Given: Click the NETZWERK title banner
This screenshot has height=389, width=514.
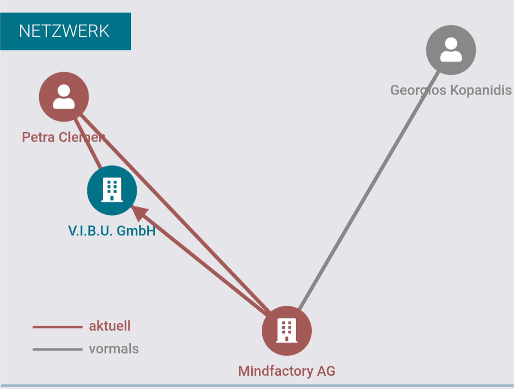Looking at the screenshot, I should tap(65, 31).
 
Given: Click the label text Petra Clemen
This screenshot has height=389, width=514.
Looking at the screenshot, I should tap(63, 137).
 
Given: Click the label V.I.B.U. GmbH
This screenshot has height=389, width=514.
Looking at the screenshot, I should tap(112, 231).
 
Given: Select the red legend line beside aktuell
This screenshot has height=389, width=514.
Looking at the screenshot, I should tap(57, 327).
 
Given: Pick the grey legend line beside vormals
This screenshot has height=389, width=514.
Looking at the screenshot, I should tap(57, 350).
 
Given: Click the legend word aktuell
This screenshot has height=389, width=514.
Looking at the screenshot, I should tap(109, 326).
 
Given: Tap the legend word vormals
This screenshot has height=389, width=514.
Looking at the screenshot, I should tap(114, 349).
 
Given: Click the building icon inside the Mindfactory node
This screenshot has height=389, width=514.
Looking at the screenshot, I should tap(287, 330).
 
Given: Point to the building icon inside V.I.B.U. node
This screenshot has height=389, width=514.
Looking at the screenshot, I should tap(112, 190).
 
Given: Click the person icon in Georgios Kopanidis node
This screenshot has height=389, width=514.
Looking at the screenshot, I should tap(451, 49).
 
